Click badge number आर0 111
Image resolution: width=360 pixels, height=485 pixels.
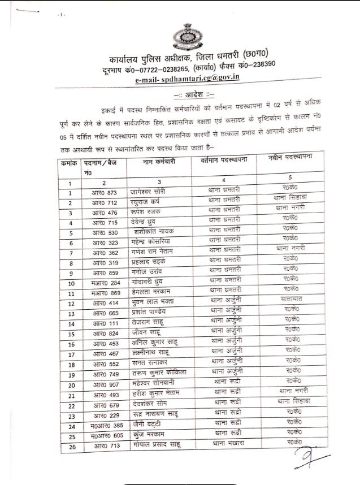click(x=104, y=324)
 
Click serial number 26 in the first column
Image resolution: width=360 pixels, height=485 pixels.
click(x=72, y=447)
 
